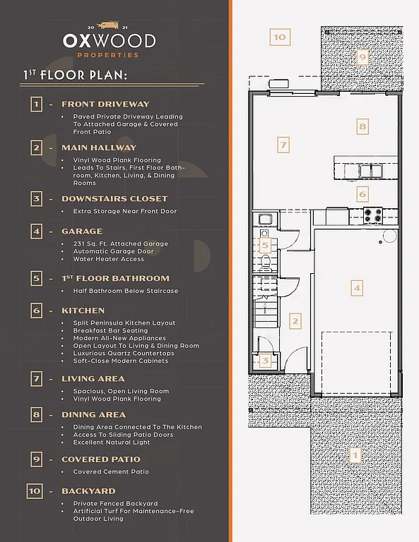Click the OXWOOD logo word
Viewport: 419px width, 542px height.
[109, 40]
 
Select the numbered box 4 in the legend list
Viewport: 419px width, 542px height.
[36, 231]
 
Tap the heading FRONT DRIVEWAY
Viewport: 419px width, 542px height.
[105, 104]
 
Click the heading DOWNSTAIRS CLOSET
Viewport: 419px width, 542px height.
[114, 199]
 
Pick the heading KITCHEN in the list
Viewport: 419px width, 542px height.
[83, 311]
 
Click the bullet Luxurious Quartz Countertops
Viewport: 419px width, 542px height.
[123, 354]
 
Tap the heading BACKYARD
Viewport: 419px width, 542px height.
[88, 491]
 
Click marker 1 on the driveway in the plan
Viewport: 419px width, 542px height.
[355, 455]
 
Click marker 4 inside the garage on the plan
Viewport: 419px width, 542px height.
[357, 287]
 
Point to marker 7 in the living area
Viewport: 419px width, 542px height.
[283, 145]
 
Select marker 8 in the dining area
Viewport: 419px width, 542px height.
[362, 127]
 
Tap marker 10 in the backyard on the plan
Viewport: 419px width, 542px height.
[280, 37]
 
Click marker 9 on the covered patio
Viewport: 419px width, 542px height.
[362, 56]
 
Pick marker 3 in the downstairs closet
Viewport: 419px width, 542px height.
[265, 361]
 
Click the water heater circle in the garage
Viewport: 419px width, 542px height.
[387, 238]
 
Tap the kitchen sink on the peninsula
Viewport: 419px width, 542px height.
[369, 170]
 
